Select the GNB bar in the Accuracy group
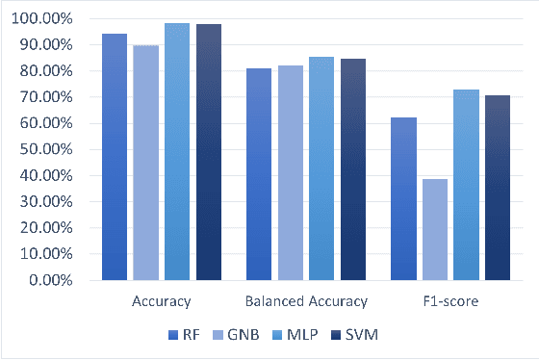tap(145, 163)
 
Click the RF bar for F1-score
tap(403, 198)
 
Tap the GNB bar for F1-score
tap(434, 229)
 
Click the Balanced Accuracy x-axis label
tap(306, 301)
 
